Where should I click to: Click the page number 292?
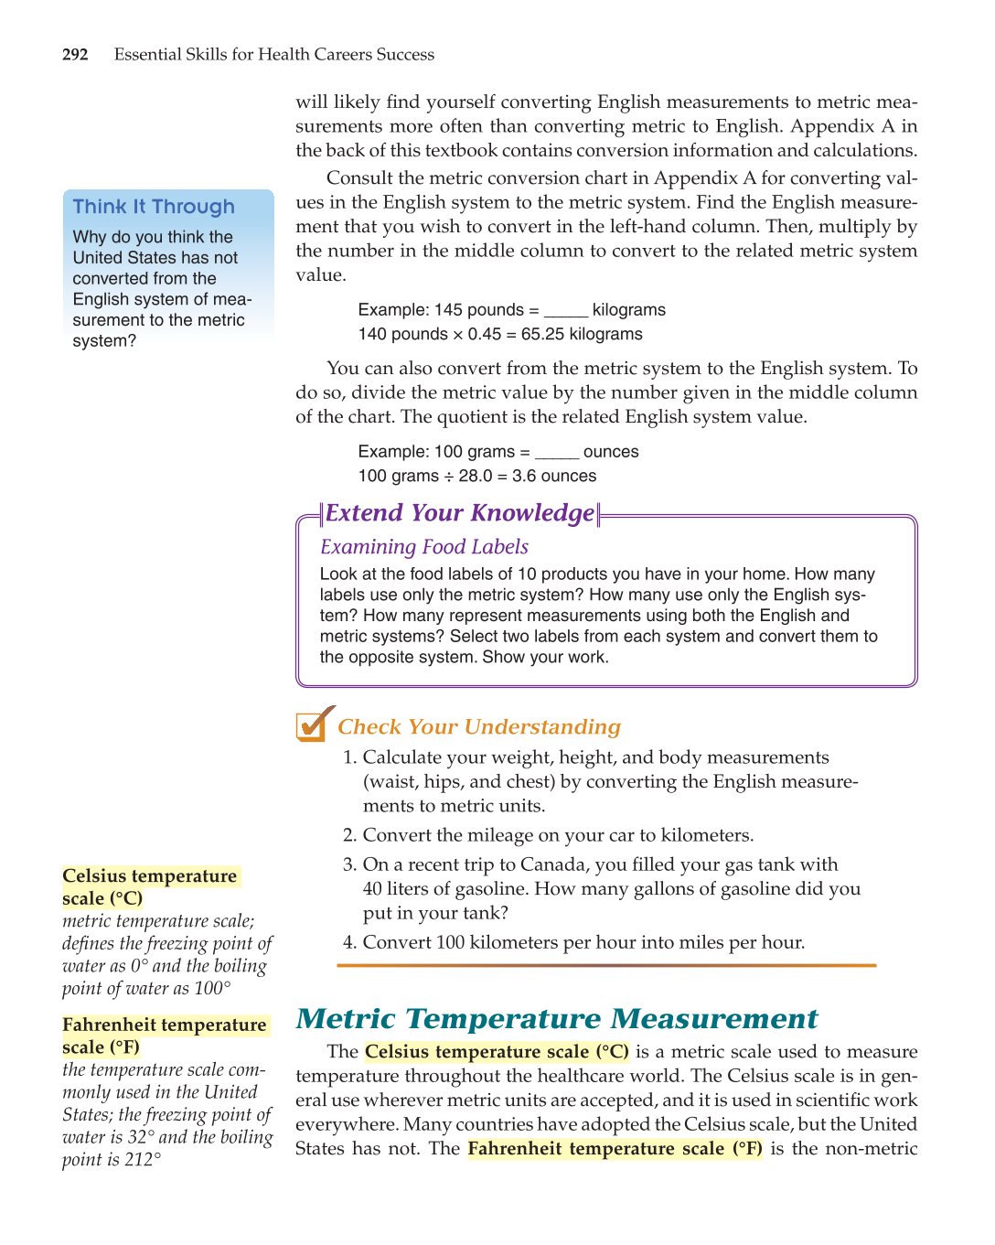pyautogui.click(x=75, y=55)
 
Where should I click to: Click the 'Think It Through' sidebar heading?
pyautogui.click(x=154, y=207)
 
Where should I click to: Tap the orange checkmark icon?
pyautogui.click(x=313, y=724)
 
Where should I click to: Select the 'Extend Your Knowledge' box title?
pyautogui.click(x=460, y=513)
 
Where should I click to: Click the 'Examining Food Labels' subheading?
pyautogui.click(x=423, y=547)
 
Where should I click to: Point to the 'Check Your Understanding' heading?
pyautogui.click(x=478, y=727)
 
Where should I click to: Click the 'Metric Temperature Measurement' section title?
pyautogui.click(x=556, y=1019)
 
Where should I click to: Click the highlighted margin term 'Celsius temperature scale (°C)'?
pyautogui.click(x=149, y=887)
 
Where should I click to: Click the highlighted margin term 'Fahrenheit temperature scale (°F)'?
pyautogui.click(x=165, y=1036)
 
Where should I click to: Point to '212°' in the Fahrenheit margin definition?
pyautogui.click(x=143, y=1160)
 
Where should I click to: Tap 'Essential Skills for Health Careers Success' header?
pyautogui.click(x=274, y=55)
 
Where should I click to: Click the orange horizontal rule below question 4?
pyautogui.click(x=605, y=965)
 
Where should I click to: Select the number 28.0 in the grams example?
pyautogui.click(x=476, y=477)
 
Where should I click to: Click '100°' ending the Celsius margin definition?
pyautogui.click(x=212, y=989)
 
